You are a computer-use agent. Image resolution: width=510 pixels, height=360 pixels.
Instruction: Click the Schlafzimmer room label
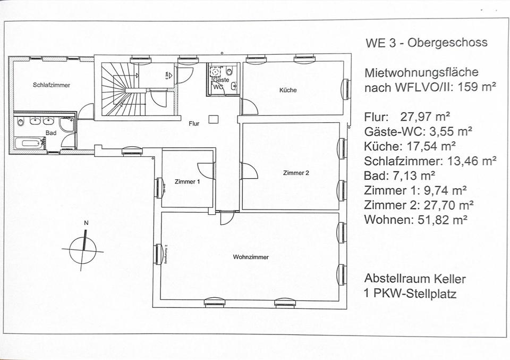click(52, 85)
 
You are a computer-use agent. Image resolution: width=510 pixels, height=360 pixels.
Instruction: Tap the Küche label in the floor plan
click(288, 90)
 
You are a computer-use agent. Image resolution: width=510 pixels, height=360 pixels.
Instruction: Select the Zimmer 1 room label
click(188, 182)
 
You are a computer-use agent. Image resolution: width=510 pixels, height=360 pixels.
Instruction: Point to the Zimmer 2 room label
click(296, 173)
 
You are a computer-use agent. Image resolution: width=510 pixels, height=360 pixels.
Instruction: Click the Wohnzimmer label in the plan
click(251, 257)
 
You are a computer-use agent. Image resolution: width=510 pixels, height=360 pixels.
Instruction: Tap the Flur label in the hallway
click(194, 124)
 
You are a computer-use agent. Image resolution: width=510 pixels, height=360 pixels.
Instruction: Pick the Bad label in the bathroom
click(51, 132)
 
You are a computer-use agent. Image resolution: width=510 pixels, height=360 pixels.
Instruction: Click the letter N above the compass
click(86, 223)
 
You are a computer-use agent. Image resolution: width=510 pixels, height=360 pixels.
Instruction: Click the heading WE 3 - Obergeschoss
click(426, 43)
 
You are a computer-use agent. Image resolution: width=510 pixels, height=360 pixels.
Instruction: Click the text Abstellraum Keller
click(415, 279)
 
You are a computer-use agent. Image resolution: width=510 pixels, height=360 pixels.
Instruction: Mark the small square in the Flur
click(213, 120)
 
